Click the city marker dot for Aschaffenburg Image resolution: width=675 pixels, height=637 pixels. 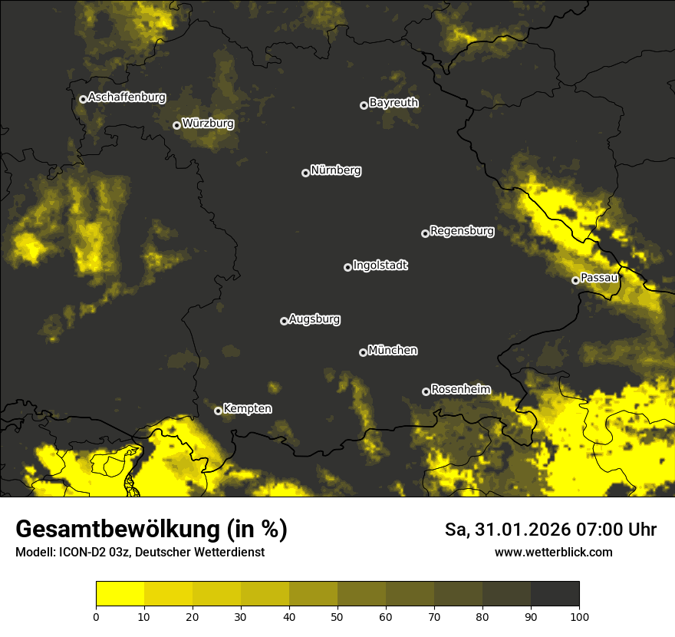(x=83, y=99)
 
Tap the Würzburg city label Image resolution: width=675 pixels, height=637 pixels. (x=208, y=124)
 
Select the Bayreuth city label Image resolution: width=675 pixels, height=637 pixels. (x=393, y=103)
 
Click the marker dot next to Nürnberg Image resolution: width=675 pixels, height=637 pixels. (x=305, y=173)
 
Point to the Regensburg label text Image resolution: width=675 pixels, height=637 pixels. (x=462, y=231)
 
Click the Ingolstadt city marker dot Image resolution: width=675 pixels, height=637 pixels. (x=347, y=267)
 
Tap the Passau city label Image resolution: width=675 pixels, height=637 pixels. (x=599, y=278)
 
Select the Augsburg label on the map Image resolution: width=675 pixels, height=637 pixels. (x=314, y=319)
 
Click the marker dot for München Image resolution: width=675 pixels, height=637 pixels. (x=363, y=352)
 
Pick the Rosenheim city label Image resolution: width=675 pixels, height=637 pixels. (x=460, y=389)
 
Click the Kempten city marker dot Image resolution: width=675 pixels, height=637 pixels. (x=218, y=411)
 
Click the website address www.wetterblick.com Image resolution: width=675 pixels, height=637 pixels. (x=553, y=553)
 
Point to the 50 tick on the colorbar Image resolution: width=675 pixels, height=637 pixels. (x=337, y=616)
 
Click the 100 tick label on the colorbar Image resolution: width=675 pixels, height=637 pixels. (x=579, y=616)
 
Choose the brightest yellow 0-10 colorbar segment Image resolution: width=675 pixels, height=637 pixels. (x=120, y=593)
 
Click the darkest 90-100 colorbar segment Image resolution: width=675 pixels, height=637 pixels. (x=555, y=593)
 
